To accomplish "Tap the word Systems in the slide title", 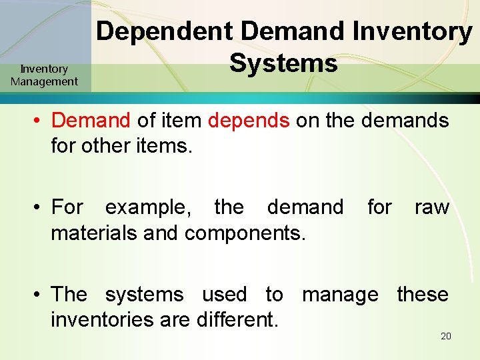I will coord(283,64).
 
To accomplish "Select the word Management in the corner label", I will coord(44,82).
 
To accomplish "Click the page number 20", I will coord(446,336).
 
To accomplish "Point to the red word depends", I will coord(249,121).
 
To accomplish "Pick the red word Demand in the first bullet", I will coord(91,121).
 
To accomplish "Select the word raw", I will coord(431,207).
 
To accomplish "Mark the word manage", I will coord(340,294).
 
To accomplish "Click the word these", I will coord(423,294).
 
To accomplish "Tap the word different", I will coord(237,320).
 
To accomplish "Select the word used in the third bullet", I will coord(224,294).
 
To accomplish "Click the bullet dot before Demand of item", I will coord(39,121).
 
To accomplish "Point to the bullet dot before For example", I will coord(39,208).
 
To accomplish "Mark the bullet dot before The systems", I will coord(39,295).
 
